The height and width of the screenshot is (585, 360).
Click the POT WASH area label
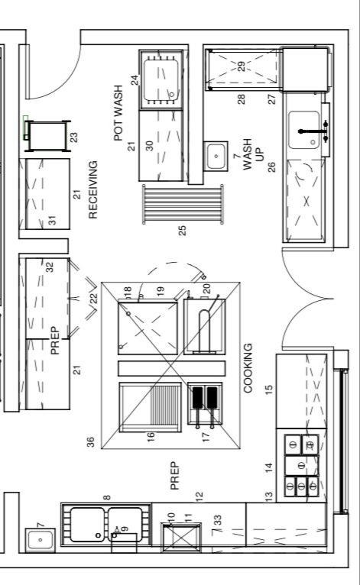tap(118, 113)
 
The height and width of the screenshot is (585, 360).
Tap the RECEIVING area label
tap(92, 189)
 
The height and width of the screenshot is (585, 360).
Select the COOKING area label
tap(248, 368)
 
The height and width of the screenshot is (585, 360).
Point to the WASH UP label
tap(253, 154)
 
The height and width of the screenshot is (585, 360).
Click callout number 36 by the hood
tap(90, 442)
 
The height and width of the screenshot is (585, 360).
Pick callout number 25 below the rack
tap(182, 231)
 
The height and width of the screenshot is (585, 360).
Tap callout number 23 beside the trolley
tap(75, 137)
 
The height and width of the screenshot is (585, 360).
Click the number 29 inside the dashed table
tap(242, 66)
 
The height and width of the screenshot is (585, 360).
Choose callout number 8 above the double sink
tap(107, 497)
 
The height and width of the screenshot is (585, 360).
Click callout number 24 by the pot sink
tap(135, 80)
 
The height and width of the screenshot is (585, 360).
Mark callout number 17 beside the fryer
tap(206, 438)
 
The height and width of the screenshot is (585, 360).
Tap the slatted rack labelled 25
tap(183, 205)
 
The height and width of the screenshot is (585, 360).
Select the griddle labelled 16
tap(150, 407)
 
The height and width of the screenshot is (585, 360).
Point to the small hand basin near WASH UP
tap(216, 156)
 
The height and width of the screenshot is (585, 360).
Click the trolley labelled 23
tap(47, 136)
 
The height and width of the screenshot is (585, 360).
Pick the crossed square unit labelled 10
tap(181, 538)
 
